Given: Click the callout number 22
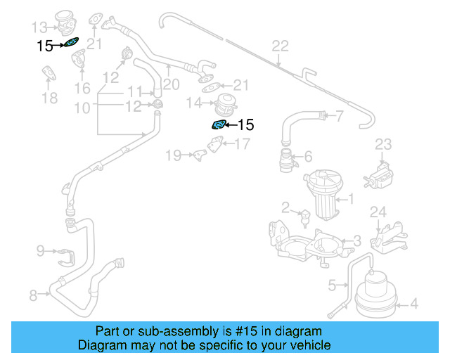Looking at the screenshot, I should (281, 46).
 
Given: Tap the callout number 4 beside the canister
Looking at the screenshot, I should (413, 304).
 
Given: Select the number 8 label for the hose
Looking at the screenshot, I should (33, 295).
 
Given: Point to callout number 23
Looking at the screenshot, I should (382, 145).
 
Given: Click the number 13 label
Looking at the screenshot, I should (39, 27).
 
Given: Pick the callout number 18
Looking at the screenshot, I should (49, 98).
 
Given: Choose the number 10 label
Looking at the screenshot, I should (82, 108).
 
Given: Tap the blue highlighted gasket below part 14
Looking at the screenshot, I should (219, 125).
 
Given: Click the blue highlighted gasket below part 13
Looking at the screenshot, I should (70, 44).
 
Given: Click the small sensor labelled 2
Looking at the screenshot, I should (305, 217).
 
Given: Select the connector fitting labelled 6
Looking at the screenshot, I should (285, 160).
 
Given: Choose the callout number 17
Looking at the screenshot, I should (242, 145).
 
